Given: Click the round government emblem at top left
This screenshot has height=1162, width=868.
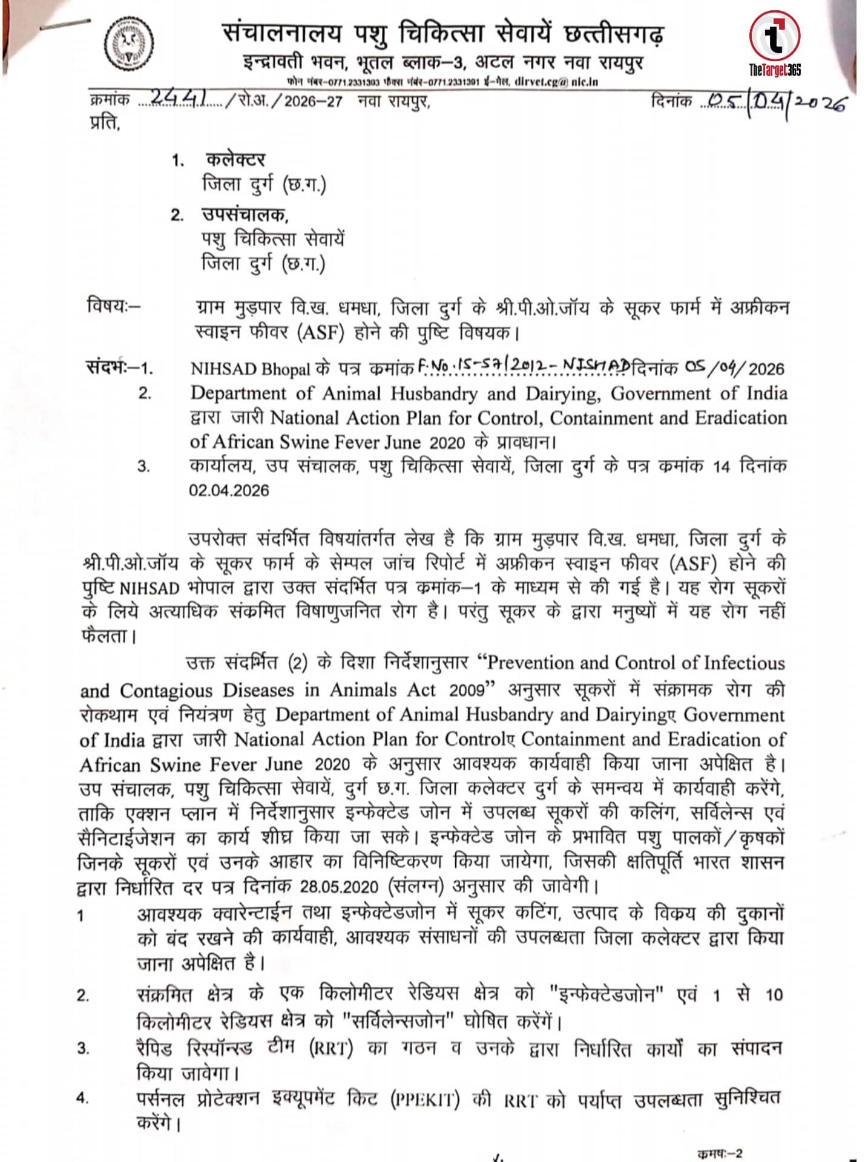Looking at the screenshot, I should pyautogui.click(x=129, y=44).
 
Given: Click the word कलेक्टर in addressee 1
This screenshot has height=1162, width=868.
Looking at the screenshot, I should pyautogui.click(x=235, y=160).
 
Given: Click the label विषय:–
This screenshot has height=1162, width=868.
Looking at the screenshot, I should pyautogui.click(x=113, y=306).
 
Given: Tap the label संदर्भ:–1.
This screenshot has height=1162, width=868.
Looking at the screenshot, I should pyautogui.click(x=119, y=367).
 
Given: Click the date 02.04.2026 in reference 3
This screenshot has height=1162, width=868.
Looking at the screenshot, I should pyautogui.click(x=229, y=490).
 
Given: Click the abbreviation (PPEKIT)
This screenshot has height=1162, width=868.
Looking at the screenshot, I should pyautogui.click(x=424, y=1099).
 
